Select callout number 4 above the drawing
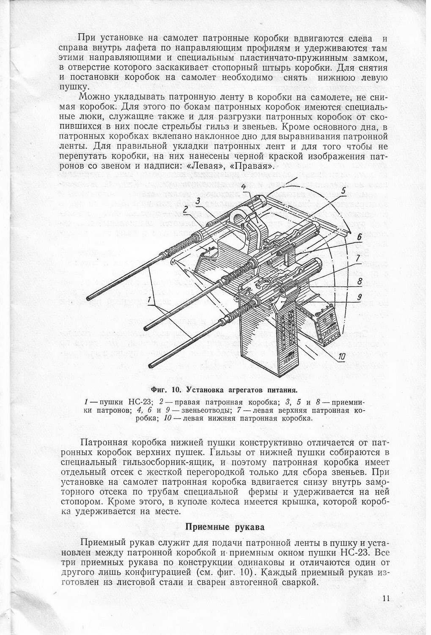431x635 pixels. point(244,187)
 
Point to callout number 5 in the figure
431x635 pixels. point(343,191)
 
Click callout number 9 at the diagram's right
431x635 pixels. point(359,298)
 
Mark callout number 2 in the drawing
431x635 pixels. point(185,209)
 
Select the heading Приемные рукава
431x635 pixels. point(225,527)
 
